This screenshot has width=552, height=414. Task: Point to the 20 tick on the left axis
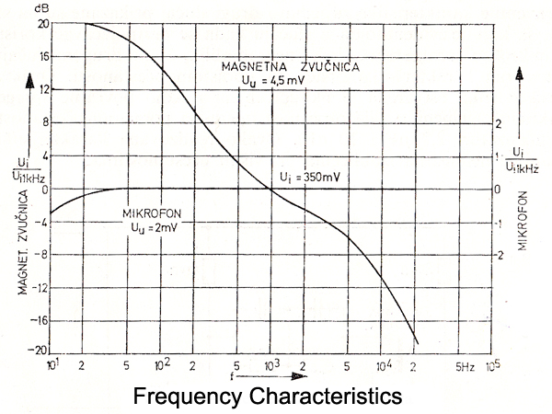click(x=42, y=23)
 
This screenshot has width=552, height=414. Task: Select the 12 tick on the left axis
click(x=42, y=89)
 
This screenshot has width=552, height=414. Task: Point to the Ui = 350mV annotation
click(x=305, y=176)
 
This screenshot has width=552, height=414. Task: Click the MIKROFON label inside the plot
click(x=151, y=213)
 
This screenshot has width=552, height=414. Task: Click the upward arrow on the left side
click(x=29, y=87)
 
